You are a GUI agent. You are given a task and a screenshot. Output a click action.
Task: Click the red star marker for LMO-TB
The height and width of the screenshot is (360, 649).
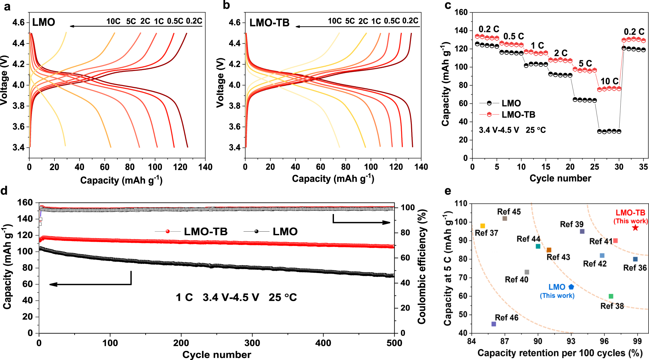[x=635, y=228]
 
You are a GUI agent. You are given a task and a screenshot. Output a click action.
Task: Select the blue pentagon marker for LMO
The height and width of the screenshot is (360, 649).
[x=571, y=287]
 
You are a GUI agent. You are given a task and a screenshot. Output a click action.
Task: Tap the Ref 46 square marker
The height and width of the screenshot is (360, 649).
[x=494, y=324]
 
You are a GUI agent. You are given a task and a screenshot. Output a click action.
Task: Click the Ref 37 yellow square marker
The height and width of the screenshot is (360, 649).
[x=483, y=226]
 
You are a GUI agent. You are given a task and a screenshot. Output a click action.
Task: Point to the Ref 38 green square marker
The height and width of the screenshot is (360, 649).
[x=611, y=296]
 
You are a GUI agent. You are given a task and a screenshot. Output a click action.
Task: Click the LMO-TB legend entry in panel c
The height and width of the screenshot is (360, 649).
[x=518, y=115]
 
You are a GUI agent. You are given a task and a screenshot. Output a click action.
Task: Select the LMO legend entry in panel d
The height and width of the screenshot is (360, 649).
[x=285, y=232]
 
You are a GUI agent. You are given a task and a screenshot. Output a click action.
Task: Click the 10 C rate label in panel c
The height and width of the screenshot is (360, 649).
[x=609, y=81]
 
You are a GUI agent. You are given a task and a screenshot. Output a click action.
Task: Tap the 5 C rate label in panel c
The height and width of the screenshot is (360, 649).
[x=585, y=64]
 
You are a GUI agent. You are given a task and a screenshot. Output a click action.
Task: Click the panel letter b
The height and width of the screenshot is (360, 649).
[x=226, y=6]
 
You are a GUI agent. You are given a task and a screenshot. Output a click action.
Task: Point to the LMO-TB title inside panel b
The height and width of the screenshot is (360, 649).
[x=269, y=23]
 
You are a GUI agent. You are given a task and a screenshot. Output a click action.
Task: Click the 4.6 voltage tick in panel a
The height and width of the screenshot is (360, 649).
[x=18, y=22]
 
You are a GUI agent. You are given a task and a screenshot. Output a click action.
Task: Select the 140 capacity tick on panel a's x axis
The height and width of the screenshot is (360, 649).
[x=205, y=167]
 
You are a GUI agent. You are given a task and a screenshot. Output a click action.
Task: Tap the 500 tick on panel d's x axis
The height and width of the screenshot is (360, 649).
[x=394, y=343]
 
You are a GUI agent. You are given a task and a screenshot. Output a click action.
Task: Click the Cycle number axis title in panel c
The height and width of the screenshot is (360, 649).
[x=560, y=178]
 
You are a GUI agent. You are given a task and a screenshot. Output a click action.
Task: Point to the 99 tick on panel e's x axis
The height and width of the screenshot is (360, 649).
[x=637, y=341]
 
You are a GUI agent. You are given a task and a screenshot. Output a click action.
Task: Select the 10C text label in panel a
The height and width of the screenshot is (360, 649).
[x=113, y=22]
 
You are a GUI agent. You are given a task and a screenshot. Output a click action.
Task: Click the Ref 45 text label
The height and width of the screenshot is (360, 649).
[x=509, y=212]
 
